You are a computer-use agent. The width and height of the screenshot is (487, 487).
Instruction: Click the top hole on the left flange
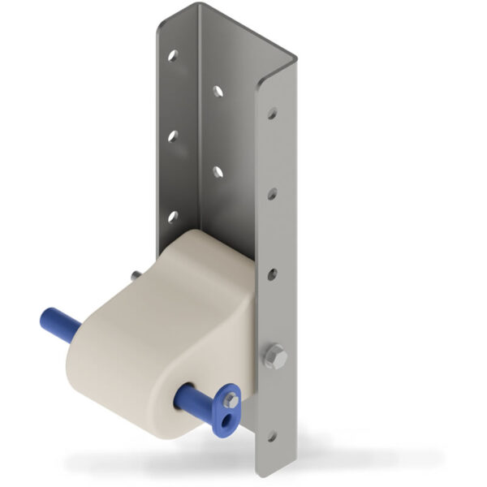173,56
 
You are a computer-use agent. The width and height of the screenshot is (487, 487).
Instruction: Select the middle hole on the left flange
173,136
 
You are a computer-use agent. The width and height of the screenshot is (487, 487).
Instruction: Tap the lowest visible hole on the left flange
172,216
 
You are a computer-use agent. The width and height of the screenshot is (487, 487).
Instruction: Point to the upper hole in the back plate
218,92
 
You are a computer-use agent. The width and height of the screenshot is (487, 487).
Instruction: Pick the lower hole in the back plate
218,170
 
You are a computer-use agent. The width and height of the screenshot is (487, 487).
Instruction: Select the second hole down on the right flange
272,193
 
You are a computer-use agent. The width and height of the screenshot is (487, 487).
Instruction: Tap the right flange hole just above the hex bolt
272,274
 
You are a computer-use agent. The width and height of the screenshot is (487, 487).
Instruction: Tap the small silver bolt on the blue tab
231,400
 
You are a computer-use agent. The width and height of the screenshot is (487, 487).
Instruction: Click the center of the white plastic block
162,333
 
